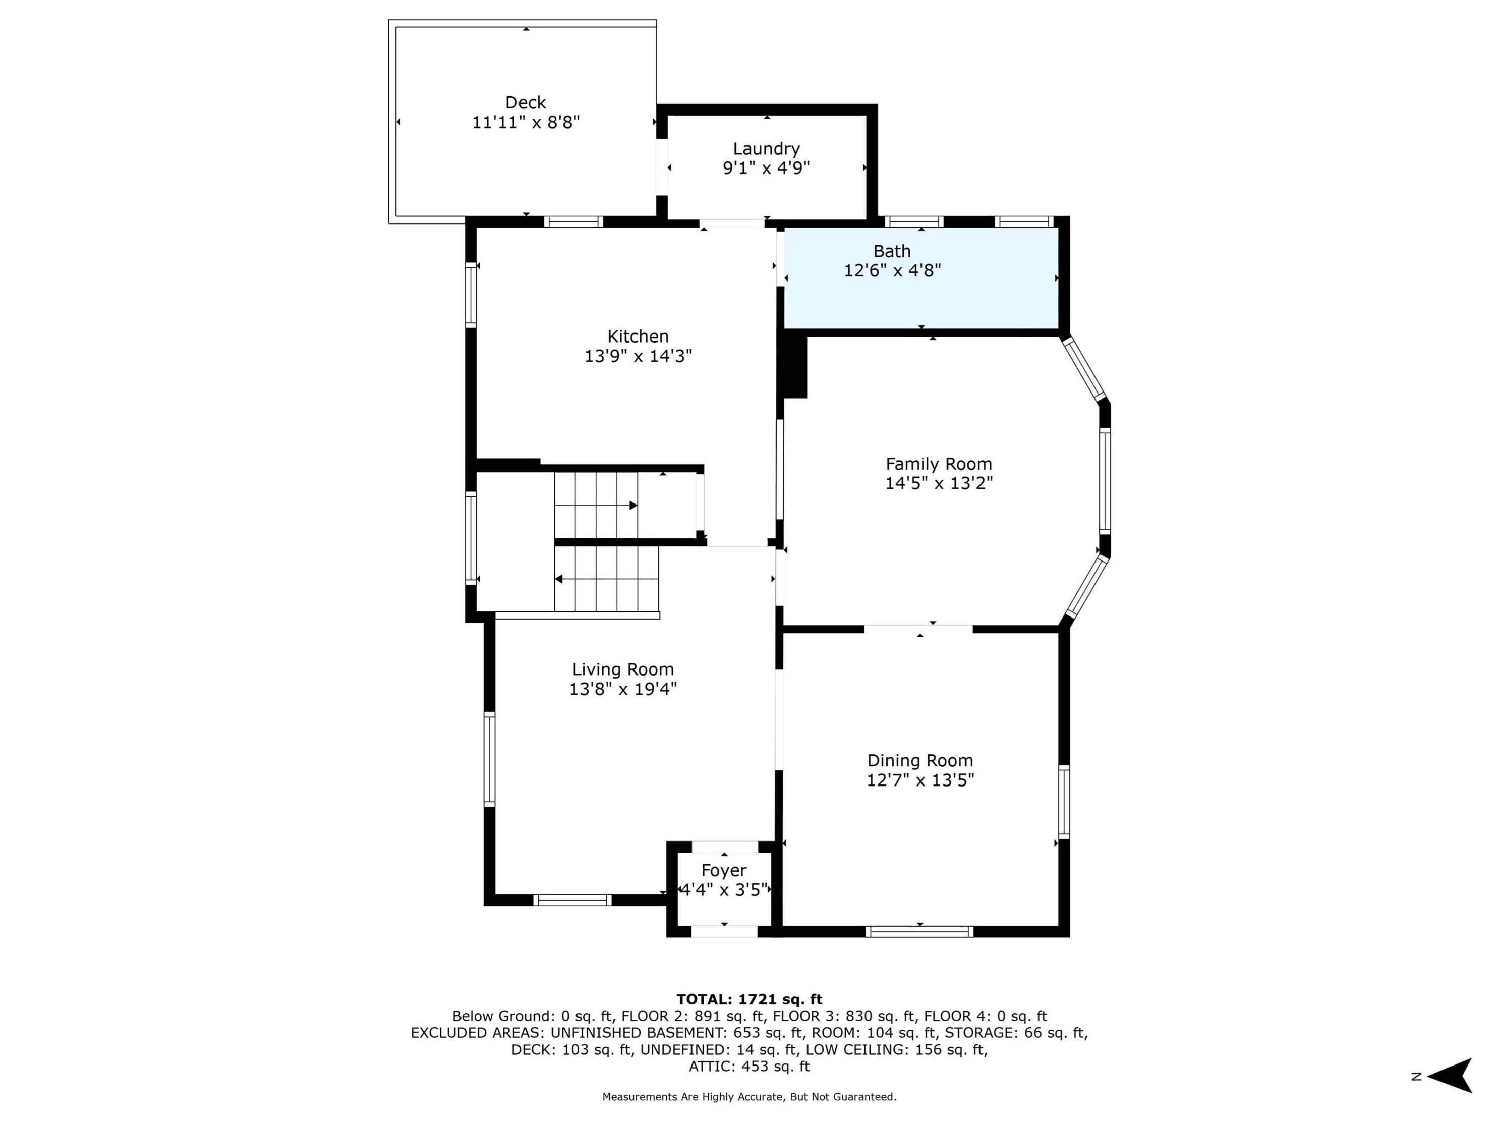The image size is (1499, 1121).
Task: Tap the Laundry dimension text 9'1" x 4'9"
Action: click(x=767, y=167)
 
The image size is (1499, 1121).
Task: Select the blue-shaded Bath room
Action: click(x=921, y=278)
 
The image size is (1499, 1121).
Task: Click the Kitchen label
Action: click(x=638, y=336)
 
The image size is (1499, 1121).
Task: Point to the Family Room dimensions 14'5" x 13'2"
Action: click(x=939, y=483)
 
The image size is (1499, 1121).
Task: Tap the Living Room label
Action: click(x=623, y=669)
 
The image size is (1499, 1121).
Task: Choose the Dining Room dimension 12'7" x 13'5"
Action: click(x=920, y=780)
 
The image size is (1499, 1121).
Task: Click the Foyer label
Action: click(x=724, y=870)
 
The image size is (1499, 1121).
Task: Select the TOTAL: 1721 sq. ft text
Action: click(x=749, y=999)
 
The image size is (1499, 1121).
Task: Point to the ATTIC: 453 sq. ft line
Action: click(x=749, y=1066)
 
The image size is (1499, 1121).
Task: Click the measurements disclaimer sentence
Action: click(x=749, y=1097)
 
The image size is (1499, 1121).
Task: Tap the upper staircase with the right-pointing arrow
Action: click(x=596, y=505)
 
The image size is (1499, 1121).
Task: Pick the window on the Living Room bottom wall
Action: click(x=572, y=900)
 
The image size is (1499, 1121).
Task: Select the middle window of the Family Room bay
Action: click(x=1105, y=481)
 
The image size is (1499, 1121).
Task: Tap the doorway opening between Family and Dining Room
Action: click(x=918, y=629)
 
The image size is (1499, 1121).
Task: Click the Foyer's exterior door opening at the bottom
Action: click(x=724, y=932)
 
